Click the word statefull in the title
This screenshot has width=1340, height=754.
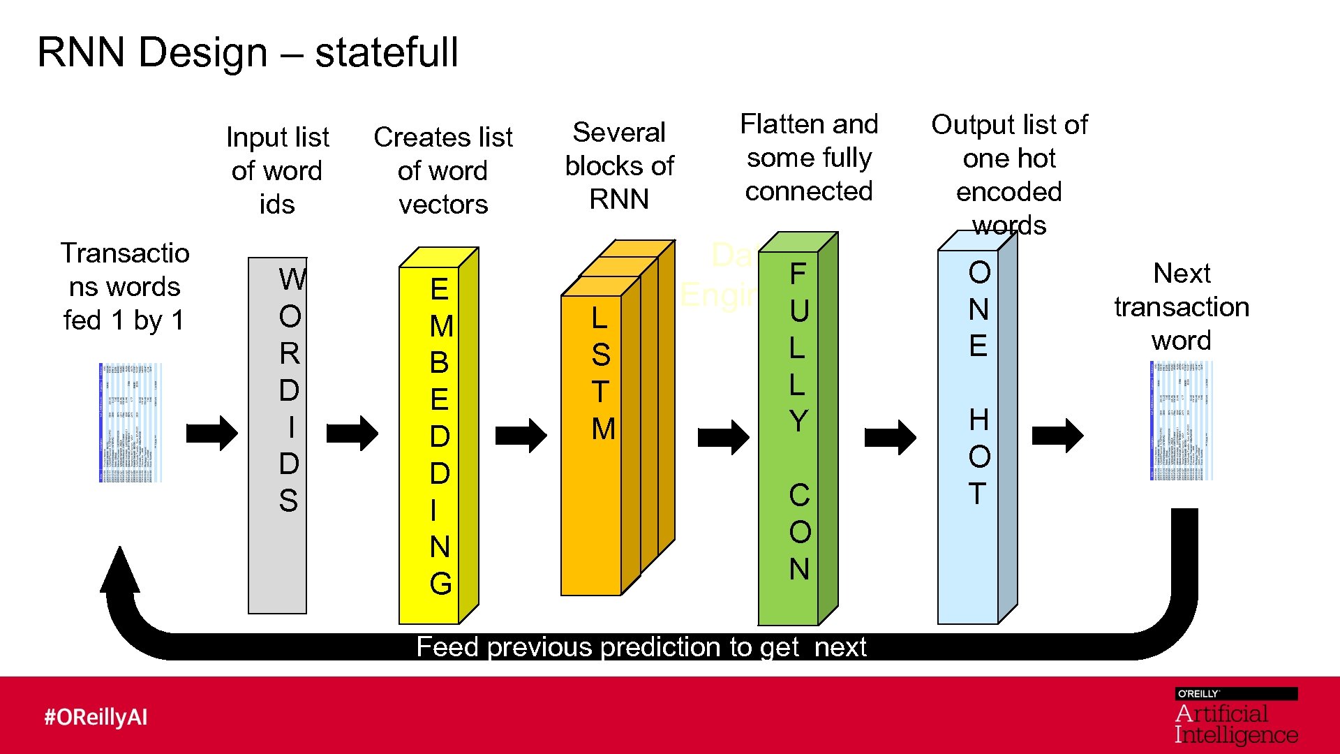tap(386, 52)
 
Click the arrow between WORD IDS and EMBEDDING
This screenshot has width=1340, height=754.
tap(352, 434)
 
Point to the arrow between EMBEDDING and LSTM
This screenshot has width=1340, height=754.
tap(521, 436)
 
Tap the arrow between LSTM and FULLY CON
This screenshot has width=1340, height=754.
tap(723, 437)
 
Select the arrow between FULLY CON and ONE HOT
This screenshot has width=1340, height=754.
tap(890, 437)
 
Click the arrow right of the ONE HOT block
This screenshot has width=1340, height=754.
tap(1057, 436)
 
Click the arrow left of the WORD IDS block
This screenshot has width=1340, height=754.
tap(212, 433)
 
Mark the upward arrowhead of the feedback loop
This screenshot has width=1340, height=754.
tap(120, 569)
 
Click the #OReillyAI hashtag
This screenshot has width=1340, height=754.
tap(96, 717)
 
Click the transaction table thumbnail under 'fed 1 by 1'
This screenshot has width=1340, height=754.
tap(131, 422)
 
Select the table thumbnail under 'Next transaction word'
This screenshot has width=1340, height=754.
tap(1182, 420)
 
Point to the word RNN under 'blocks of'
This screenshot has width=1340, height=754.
tap(619, 200)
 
